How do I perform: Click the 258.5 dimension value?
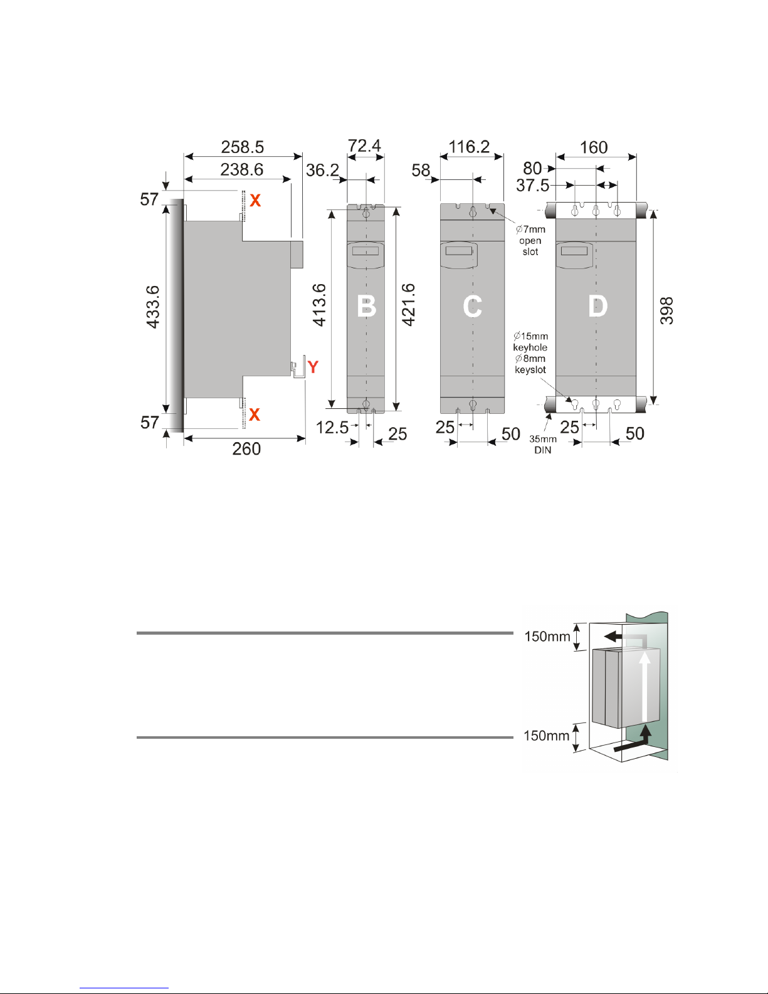click(242, 147)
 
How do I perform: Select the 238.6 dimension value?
click(241, 169)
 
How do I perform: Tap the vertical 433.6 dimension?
click(153, 307)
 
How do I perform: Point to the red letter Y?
click(313, 367)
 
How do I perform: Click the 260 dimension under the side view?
click(246, 449)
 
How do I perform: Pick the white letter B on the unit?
click(366, 307)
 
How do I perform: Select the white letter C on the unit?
click(472, 307)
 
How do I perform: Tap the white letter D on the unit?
click(597, 307)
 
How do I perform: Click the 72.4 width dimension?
click(364, 146)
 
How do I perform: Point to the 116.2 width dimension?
click(469, 147)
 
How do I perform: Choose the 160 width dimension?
click(593, 147)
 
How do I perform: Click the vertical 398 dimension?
click(667, 310)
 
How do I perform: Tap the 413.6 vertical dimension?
click(320, 305)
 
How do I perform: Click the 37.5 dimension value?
click(532, 186)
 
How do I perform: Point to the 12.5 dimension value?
click(332, 428)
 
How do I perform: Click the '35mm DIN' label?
click(542, 445)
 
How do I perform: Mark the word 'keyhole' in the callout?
click(530, 347)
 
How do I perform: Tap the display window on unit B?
click(365, 251)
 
